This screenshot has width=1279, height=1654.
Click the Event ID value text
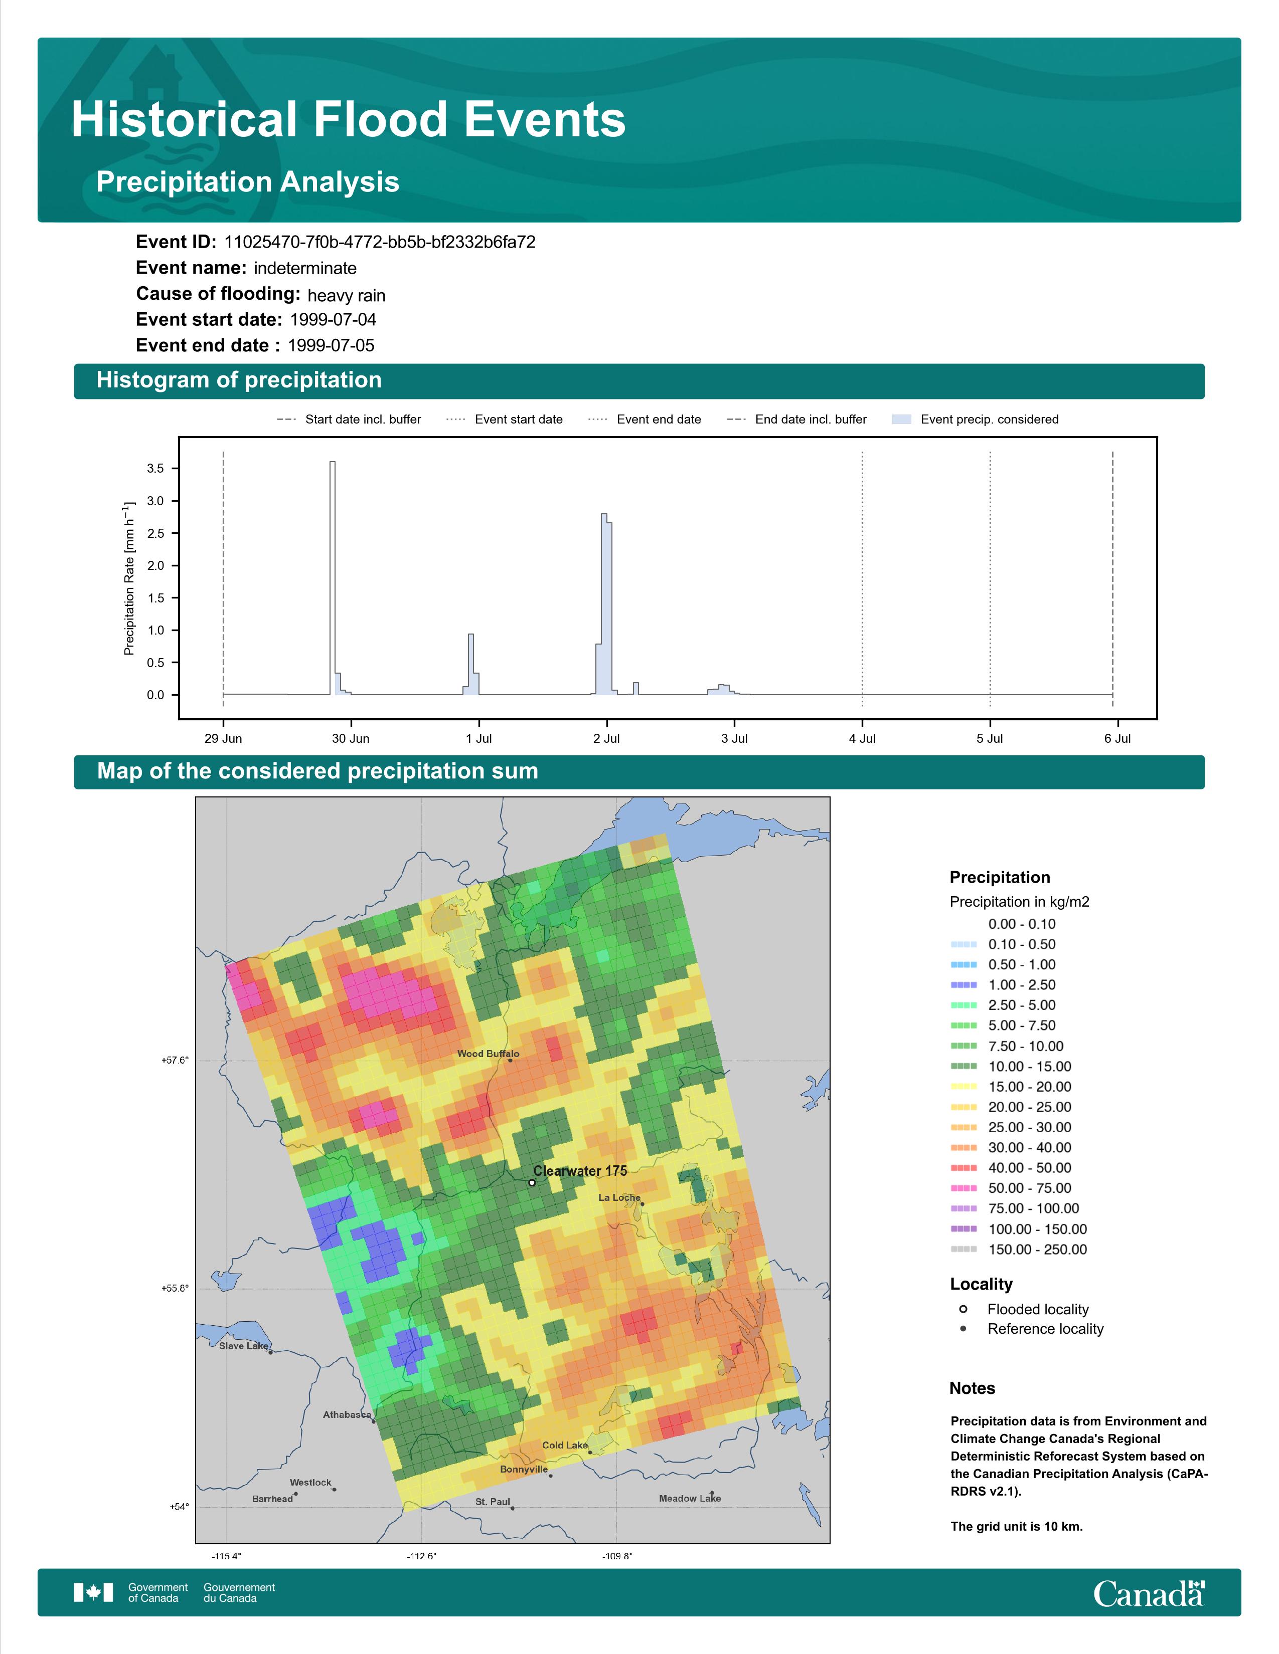tap(380, 243)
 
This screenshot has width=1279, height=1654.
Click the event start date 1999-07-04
tap(333, 320)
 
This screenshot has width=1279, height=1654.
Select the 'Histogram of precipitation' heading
tap(239, 380)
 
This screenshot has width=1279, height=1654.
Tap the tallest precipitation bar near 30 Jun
tap(333, 578)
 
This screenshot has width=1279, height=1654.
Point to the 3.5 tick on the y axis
tap(155, 469)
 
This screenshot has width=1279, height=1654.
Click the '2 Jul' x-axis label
tap(606, 738)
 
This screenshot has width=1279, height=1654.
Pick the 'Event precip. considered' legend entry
tap(975, 420)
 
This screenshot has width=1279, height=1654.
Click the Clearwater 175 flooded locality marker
tap(532, 1182)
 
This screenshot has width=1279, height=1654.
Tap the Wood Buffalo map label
tap(488, 1054)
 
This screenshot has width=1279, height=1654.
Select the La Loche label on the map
tap(619, 1197)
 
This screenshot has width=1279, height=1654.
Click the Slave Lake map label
tap(243, 1346)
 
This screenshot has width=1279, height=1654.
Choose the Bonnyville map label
tap(524, 1469)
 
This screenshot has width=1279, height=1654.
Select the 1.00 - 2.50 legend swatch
tap(963, 985)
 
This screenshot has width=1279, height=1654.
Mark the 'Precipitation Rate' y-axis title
tap(129, 578)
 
